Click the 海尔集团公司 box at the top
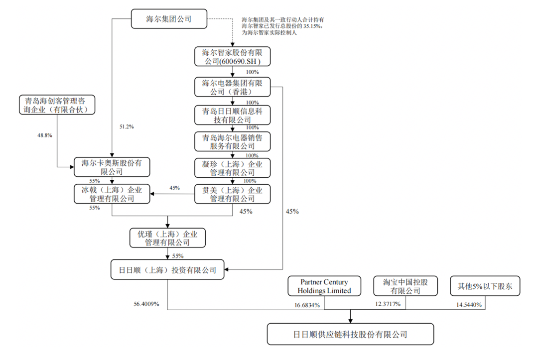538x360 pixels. coord(161,19)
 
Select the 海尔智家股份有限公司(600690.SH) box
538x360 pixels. coord(232,57)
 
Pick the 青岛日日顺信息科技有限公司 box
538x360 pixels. coord(232,116)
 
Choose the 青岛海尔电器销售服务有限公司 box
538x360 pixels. coord(232,142)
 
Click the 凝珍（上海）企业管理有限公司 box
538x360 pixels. coord(232,168)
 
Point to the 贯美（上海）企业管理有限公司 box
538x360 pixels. coord(232,194)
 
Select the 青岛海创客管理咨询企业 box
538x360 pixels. coord(56,105)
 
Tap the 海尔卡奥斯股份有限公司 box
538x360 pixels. coord(112,167)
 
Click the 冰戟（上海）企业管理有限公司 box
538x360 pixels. coord(112,194)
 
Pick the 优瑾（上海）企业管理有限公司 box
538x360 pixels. coord(167,238)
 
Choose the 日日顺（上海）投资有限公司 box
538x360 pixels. coord(167,270)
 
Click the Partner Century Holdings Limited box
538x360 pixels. coord(324,286)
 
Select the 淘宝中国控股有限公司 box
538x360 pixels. coord(406,286)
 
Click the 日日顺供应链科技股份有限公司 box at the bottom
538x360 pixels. coord(350,334)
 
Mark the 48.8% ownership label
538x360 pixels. coord(45,135)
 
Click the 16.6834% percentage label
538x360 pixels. coord(302,304)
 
